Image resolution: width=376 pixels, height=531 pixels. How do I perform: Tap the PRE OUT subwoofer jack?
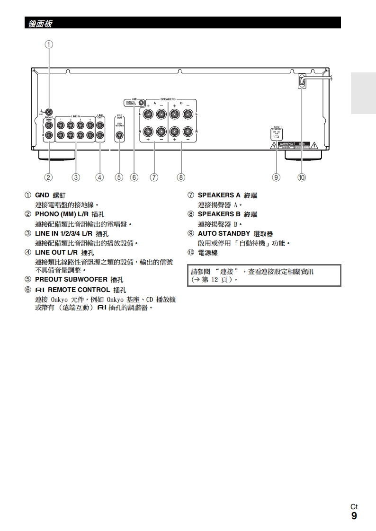[120, 135]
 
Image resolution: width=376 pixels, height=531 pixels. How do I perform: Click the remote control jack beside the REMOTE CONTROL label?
[141, 102]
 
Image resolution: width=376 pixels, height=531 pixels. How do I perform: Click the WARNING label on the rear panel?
[286, 143]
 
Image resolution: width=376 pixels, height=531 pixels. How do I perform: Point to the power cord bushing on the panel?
[302, 81]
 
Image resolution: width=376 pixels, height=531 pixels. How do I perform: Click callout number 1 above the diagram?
[49, 44]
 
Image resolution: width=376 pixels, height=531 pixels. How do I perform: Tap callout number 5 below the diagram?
[119, 177]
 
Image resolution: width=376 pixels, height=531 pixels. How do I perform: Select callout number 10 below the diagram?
[302, 177]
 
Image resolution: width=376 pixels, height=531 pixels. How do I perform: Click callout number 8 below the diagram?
[181, 177]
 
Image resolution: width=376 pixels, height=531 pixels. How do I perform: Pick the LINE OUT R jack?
[100, 135]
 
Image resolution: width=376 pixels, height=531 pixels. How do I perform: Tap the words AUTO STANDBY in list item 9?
[224, 233]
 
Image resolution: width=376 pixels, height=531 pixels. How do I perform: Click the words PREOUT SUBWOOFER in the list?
[71, 279]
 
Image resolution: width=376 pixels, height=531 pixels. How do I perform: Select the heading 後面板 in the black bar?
[40, 23]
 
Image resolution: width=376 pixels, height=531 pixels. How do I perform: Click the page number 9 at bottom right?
[354, 516]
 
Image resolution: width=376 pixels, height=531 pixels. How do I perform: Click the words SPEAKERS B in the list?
[219, 214]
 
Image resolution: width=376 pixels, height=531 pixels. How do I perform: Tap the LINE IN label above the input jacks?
[76, 116]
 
